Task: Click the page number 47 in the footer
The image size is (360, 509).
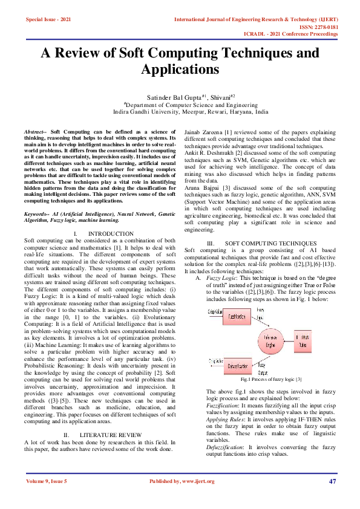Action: click(x=332, y=481)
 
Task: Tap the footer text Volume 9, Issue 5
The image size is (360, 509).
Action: click(x=46, y=481)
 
